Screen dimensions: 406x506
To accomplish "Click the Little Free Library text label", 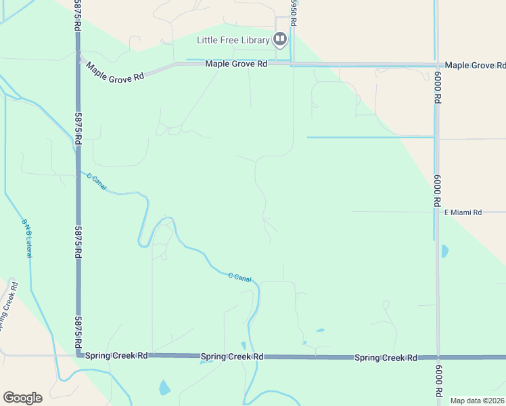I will [x=233, y=40].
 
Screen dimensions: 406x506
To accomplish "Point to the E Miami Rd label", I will [x=463, y=212].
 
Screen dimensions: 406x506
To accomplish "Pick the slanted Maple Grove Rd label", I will [x=115, y=72].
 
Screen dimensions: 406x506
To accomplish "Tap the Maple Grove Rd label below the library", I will [x=236, y=64].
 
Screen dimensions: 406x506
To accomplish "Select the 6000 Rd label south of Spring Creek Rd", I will [x=438, y=383].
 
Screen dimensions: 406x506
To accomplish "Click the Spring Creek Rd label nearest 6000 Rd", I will [x=386, y=357].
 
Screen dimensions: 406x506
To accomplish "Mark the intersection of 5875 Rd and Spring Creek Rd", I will [x=79, y=354].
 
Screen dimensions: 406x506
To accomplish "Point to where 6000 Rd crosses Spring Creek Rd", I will [x=438, y=357].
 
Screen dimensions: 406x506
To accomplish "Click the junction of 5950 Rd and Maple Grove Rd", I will [x=292, y=64].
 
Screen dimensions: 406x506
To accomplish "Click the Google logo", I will [x=22, y=398].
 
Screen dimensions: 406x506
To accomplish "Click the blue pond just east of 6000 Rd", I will [x=444, y=251].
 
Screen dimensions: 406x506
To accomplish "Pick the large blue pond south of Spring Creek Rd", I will [x=164, y=388].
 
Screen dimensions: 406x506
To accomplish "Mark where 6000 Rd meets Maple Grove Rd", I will [x=436, y=66].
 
